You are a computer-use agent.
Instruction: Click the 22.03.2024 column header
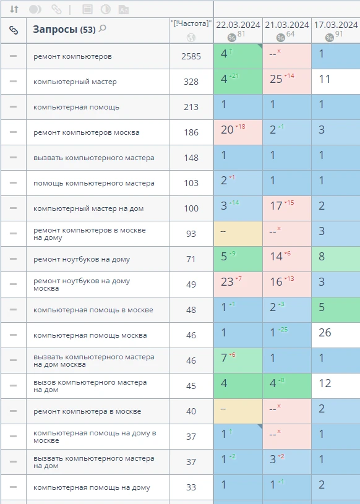pyautogui.click(x=238, y=25)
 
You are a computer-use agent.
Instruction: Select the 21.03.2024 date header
pyautogui.click(x=287, y=25)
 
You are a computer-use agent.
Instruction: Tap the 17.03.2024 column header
pyautogui.click(x=336, y=25)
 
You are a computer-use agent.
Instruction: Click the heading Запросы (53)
pyautogui.click(x=64, y=30)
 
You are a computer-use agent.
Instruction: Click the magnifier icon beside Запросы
pyautogui.click(x=102, y=28)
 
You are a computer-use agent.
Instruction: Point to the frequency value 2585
pyautogui.click(x=191, y=56)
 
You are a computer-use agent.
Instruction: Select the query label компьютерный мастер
pyautogui.click(x=75, y=82)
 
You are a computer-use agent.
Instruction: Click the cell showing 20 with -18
pyautogui.click(x=238, y=132)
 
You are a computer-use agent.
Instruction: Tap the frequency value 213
pyautogui.click(x=191, y=107)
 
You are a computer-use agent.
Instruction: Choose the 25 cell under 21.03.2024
pyautogui.click(x=287, y=82)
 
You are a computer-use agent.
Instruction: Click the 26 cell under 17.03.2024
pyautogui.click(x=336, y=335)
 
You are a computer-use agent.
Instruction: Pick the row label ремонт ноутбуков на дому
pyautogui.click(x=82, y=259)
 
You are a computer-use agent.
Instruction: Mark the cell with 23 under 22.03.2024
pyautogui.click(x=238, y=284)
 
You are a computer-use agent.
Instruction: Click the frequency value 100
pyautogui.click(x=191, y=208)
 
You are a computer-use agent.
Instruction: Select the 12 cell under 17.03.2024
pyautogui.click(x=336, y=386)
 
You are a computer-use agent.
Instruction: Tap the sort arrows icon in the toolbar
pyautogui.click(x=14, y=9)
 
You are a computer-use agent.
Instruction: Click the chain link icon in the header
pyautogui.click(x=14, y=30)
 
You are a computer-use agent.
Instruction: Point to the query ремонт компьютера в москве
pyautogui.click(x=87, y=411)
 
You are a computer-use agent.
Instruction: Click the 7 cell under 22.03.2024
pyautogui.click(x=238, y=361)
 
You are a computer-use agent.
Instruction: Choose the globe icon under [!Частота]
pyautogui.click(x=191, y=38)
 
